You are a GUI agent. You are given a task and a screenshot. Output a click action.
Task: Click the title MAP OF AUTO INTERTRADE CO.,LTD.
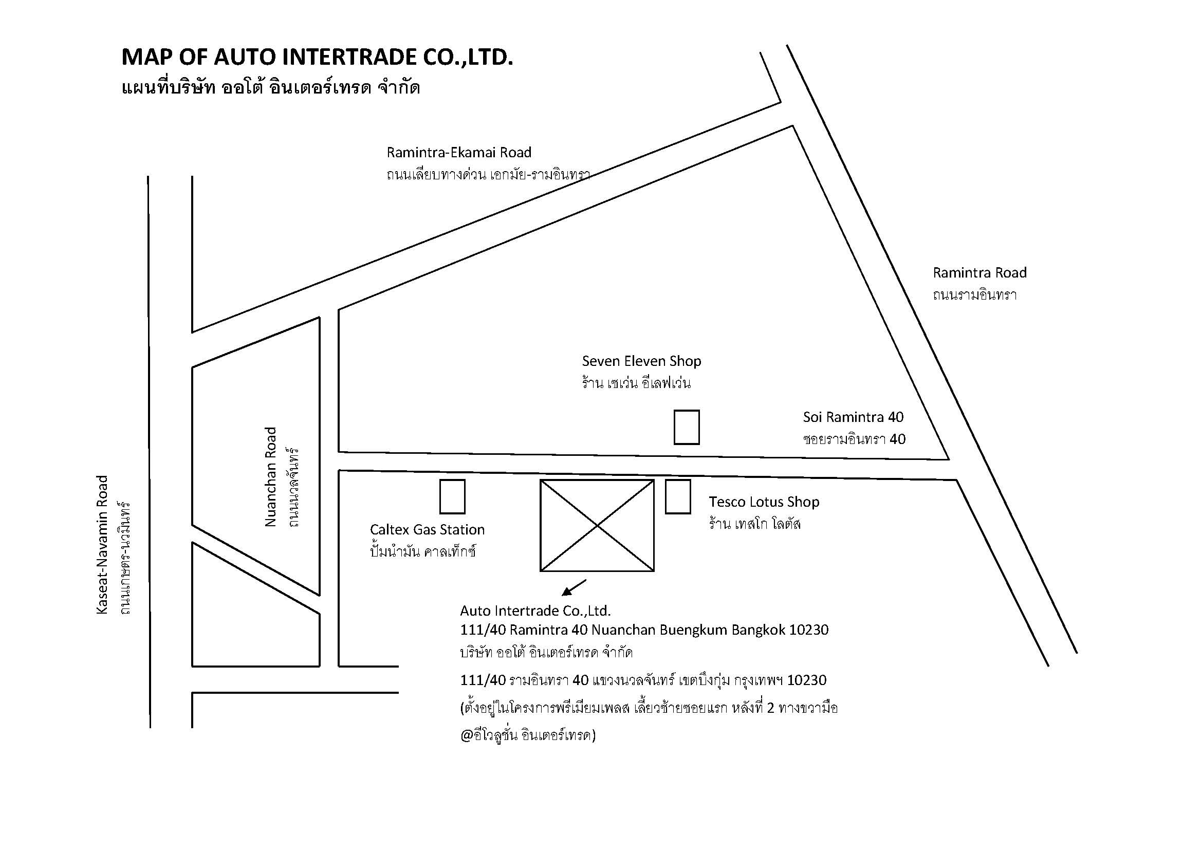[x=317, y=57]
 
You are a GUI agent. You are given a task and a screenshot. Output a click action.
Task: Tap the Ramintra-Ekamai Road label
[x=458, y=152]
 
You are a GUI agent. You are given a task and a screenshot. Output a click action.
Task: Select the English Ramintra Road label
[x=979, y=273]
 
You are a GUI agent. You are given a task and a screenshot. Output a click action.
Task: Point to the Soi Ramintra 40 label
[x=854, y=417]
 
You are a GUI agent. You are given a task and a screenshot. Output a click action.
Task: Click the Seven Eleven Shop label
[x=641, y=361]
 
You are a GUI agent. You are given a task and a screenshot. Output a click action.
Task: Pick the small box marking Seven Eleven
[x=687, y=427]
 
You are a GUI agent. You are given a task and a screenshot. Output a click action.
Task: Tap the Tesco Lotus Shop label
[x=764, y=502]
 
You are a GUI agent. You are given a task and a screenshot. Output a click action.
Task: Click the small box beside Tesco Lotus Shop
[x=678, y=497]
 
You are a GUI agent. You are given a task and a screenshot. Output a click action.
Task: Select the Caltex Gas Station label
[x=427, y=530]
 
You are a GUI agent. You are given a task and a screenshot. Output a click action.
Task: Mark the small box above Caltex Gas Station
[x=452, y=497]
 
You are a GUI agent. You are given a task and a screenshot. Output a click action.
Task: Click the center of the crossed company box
[x=597, y=526]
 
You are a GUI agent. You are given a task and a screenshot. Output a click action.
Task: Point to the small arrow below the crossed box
[x=574, y=588]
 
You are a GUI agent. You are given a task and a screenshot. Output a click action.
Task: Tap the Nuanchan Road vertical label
[x=270, y=477]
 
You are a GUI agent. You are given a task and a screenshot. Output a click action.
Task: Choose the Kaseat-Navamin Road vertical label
[x=102, y=544]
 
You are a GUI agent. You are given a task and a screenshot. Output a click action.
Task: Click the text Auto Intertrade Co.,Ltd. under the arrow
[x=535, y=611]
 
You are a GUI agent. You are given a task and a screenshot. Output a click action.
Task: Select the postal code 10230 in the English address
[x=809, y=630]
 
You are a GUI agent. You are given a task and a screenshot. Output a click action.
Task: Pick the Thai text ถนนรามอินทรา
[x=975, y=294]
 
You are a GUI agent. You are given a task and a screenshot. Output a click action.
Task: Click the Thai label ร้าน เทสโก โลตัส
[x=755, y=523]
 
